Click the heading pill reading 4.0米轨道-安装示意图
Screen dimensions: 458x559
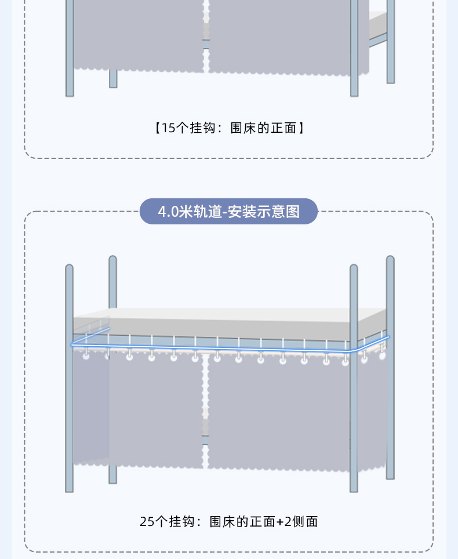[x=229, y=212]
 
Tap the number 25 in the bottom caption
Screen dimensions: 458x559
[x=147, y=521]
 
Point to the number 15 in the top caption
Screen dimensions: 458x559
[x=168, y=128]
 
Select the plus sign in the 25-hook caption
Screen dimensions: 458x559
[x=280, y=521]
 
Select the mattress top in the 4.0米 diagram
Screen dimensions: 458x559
[x=232, y=313]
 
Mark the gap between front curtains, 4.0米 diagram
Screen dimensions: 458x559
[x=205, y=406]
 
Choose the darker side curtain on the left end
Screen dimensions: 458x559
[x=90, y=406]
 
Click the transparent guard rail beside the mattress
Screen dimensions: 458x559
[x=92, y=326]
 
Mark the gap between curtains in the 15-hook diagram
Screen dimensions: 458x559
[x=205, y=35]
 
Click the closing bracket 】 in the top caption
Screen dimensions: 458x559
[x=300, y=128]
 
